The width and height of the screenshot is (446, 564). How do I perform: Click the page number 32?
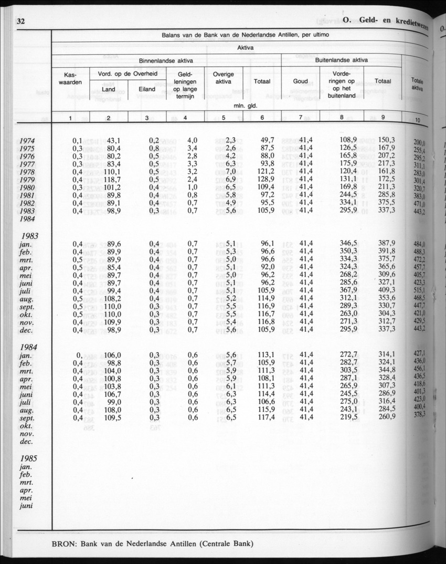(x=21, y=22)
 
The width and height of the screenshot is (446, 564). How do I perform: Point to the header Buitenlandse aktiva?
(x=341, y=60)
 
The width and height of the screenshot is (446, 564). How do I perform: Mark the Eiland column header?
(x=147, y=89)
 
